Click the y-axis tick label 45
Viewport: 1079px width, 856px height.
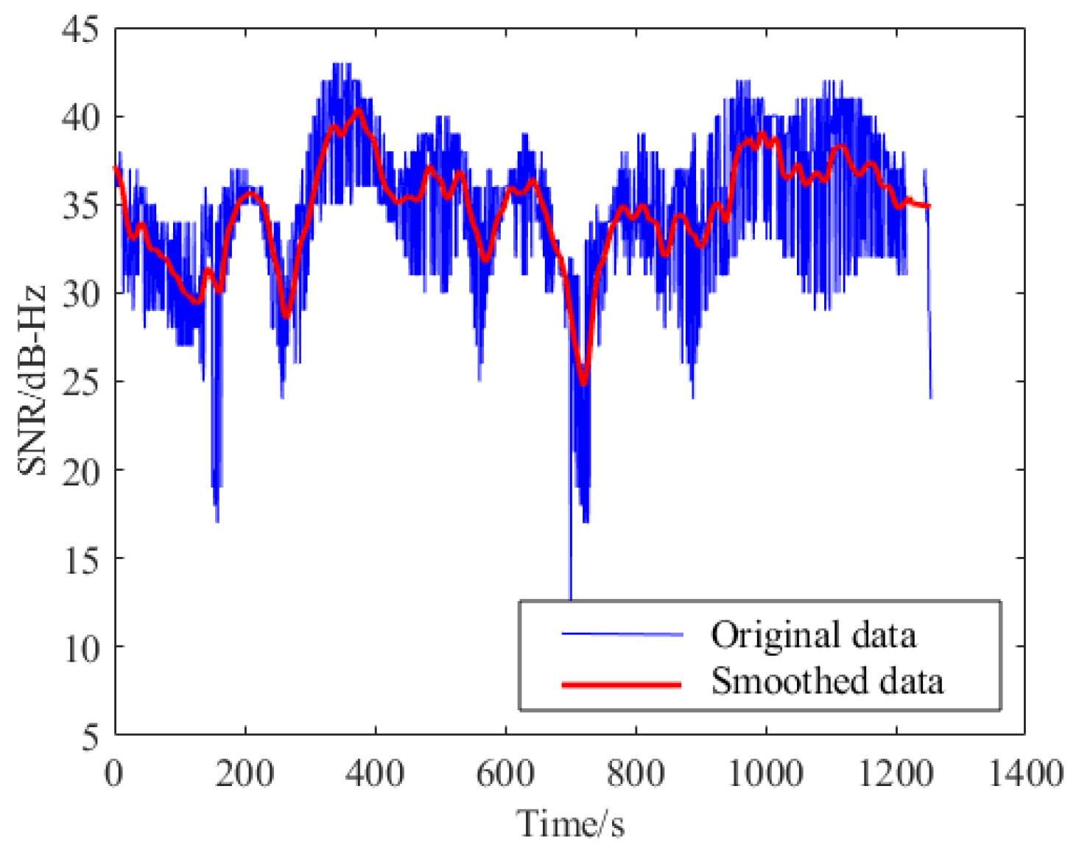pyautogui.click(x=80, y=30)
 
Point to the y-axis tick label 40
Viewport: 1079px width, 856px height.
pyautogui.click(x=80, y=118)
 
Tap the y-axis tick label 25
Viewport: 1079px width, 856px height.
pyautogui.click(x=80, y=383)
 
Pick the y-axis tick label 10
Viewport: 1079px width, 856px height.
pyautogui.click(x=80, y=648)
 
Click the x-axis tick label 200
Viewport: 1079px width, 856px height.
pyautogui.click(x=245, y=774)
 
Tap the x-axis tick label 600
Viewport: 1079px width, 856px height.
pyautogui.click(x=506, y=774)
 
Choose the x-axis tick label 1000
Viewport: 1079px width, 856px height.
pyautogui.click(x=766, y=774)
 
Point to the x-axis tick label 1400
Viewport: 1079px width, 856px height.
pyautogui.click(x=1026, y=774)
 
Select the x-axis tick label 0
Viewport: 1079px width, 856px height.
pyautogui.click(x=114, y=774)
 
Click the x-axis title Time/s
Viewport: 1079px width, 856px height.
pyautogui.click(x=571, y=824)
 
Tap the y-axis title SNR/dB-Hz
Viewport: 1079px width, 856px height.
pyautogui.click(x=32, y=381)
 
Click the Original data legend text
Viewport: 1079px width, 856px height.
pyautogui.click(x=814, y=635)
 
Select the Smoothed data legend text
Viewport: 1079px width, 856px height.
pyautogui.click(x=827, y=681)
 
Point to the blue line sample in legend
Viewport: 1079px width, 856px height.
pyautogui.click(x=622, y=634)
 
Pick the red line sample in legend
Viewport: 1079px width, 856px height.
pyautogui.click(x=622, y=685)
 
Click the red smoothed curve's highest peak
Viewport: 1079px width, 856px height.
pyautogui.click(x=359, y=110)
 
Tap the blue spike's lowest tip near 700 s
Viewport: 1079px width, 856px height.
pyautogui.click(x=571, y=598)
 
